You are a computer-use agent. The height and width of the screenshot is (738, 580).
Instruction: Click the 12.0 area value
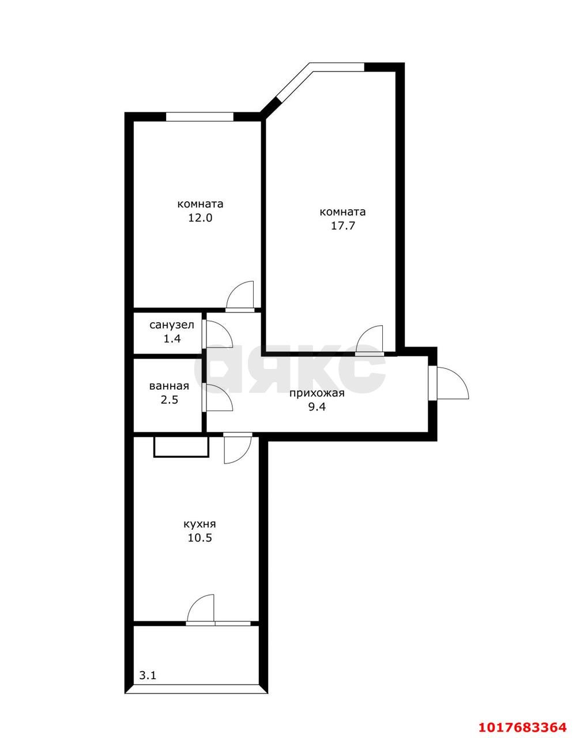pyautogui.click(x=200, y=218)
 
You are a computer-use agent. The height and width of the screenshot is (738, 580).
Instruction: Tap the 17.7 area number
pyautogui.click(x=342, y=225)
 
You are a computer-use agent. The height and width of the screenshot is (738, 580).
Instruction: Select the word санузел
pyautogui.click(x=172, y=325)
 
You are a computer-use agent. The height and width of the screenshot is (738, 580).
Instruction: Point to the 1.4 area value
pyautogui.click(x=172, y=338)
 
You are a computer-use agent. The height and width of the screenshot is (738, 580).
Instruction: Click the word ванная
pyautogui.click(x=169, y=386)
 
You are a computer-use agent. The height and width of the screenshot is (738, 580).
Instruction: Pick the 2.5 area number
pyautogui.click(x=170, y=400)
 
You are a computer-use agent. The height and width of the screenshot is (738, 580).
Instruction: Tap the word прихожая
pyautogui.click(x=317, y=393)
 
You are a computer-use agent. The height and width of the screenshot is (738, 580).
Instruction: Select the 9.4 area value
pyautogui.click(x=317, y=406)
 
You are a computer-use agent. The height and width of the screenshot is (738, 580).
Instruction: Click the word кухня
pyautogui.click(x=199, y=524)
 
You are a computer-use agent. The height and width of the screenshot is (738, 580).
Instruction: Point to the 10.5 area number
pyautogui.click(x=199, y=538)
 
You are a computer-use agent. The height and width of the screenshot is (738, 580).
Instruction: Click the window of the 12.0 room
pyautogui.click(x=199, y=116)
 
